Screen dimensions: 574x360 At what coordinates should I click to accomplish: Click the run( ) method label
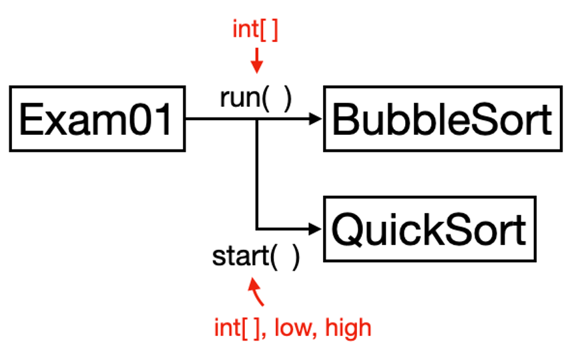point(256,98)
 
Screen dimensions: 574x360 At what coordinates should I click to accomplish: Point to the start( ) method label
point(256,256)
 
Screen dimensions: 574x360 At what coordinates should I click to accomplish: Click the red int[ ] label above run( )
point(256,29)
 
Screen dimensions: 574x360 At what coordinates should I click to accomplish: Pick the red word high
point(348,328)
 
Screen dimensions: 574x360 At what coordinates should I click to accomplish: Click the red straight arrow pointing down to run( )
point(256,60)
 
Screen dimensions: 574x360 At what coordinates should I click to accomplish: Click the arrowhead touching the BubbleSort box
point(316,119)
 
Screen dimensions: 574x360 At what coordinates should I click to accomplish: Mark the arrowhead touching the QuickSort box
point(316,229)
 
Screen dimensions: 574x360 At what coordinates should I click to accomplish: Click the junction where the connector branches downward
point(257,119)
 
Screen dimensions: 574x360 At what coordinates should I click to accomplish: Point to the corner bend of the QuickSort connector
point(257,229)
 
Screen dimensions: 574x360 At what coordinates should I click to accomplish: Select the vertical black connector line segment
point(257,174)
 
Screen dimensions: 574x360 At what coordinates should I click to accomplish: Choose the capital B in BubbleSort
point(345,120)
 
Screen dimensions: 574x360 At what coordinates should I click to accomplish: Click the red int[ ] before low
point(240,328)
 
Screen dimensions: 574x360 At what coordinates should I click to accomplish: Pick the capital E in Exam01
point(30,120)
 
